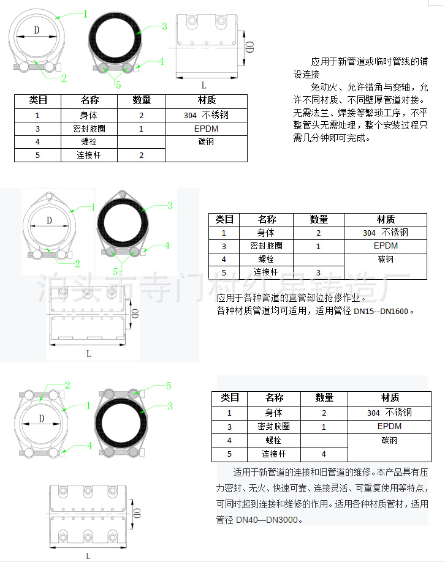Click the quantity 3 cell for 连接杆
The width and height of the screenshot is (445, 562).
point(318,272)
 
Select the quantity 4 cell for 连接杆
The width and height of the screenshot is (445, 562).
point(324,454)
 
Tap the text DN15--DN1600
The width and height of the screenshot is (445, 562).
point(381,311)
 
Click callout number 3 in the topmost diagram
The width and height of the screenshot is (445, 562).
point(164,26)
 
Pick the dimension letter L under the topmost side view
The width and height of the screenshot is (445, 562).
point(203,86)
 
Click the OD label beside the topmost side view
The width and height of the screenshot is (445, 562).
point(249,48)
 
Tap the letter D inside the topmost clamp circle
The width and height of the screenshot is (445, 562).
point(37,29)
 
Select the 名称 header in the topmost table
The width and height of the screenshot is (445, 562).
point(89,100)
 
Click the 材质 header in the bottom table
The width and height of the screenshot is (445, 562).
point(390,398)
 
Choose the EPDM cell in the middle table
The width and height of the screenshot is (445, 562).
point(386,245)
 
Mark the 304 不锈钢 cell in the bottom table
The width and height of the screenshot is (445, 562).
point(390,413)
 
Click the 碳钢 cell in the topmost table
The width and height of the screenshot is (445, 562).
point(206,142)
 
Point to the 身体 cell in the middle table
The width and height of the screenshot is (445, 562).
point(266,233)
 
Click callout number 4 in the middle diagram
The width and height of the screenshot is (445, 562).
point(166,245)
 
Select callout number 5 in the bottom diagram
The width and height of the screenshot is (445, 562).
point(169,386)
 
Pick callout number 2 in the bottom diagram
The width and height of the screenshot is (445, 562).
point(67,385)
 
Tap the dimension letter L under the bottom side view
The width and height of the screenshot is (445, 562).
point(88,556)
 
